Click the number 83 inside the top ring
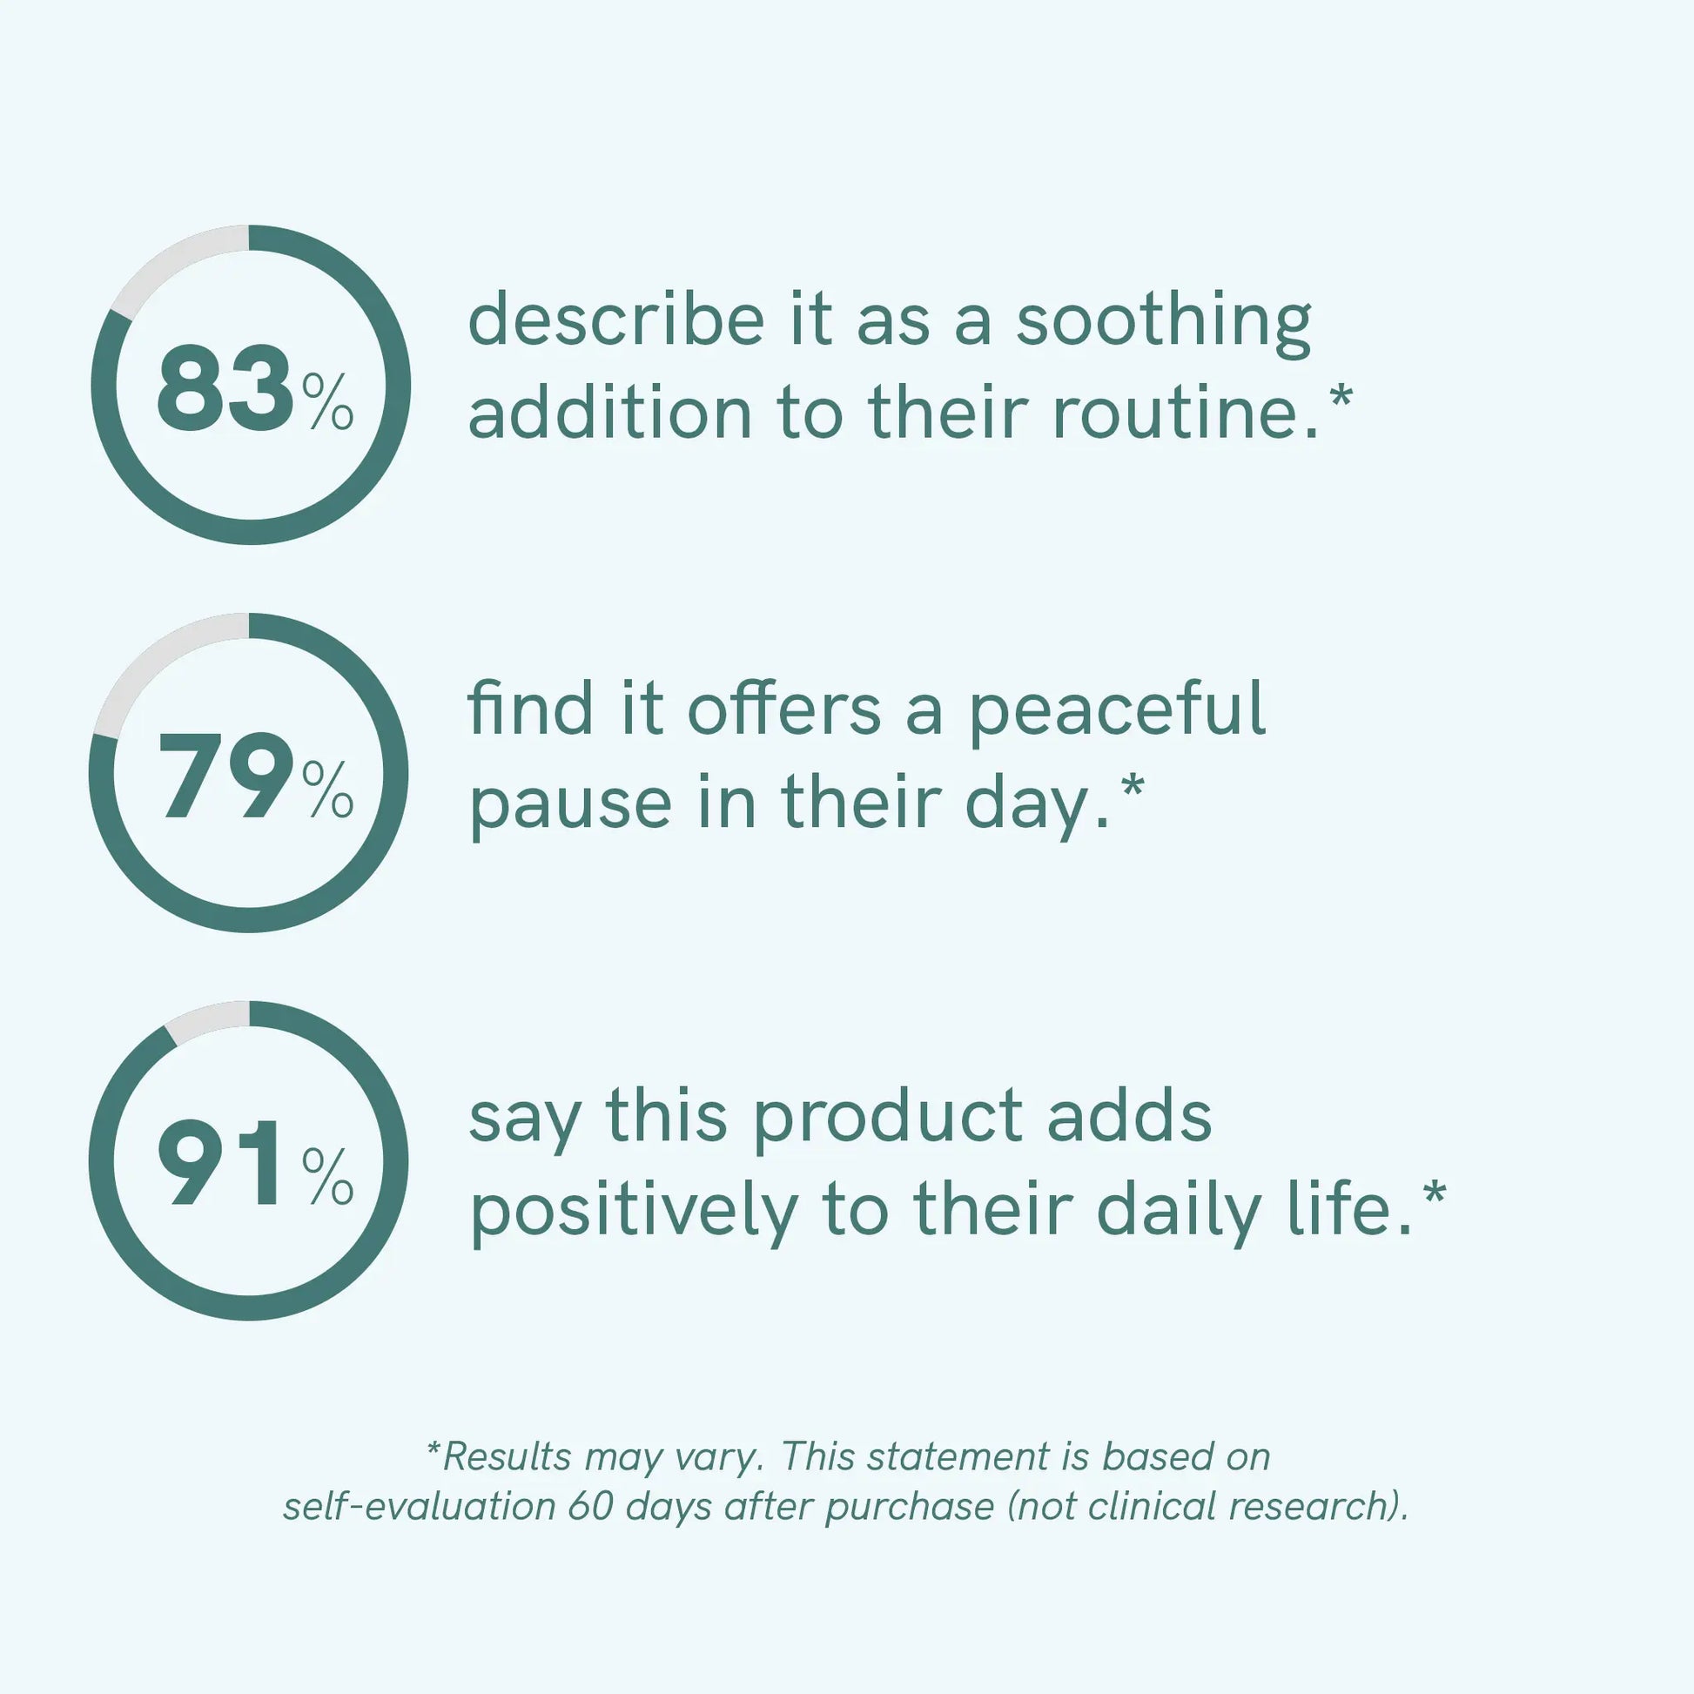[225, 387]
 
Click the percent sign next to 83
[328, 401]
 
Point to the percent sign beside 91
[328, 1177]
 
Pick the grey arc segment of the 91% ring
[205, 1017]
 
